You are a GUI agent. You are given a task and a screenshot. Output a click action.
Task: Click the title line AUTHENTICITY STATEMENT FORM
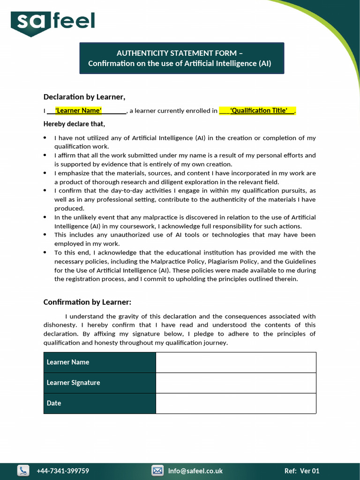[x=180, y=53]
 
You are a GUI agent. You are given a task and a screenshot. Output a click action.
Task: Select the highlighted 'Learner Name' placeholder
[x=78, y=111]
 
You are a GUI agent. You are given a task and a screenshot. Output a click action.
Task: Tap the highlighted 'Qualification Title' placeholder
[x=259, y=111]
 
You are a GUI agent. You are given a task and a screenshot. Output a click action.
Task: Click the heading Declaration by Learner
[x=84, y=97]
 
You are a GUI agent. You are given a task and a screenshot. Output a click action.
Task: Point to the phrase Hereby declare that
[x=74, y=124]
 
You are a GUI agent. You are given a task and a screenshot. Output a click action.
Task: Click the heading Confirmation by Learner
[x=87, y=302]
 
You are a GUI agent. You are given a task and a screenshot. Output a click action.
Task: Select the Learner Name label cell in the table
[x=99, y=362]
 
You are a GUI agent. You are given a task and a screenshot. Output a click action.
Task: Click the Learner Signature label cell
[x=99, y=383]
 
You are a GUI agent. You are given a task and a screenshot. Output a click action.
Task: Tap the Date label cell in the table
[x=99, y=403]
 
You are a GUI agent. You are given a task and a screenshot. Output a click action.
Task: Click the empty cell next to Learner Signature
[x=236, y=383]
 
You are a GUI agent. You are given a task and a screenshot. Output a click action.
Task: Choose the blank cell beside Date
[x=236, y=403]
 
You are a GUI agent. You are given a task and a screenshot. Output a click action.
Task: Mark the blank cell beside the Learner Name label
[x=236, y=362]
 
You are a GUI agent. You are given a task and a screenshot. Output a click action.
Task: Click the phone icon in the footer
[x=23, y=471]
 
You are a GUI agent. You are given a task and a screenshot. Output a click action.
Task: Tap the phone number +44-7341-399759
[x=63, y=471]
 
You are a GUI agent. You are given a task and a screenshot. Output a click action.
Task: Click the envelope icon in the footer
[x=157, y=471]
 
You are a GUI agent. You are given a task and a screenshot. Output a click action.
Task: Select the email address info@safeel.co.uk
[x=195, y=471]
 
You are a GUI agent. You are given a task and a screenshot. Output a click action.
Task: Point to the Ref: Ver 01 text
[x=302, y=471]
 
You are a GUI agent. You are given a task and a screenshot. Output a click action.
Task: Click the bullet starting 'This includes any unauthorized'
[x=185, y=239]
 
